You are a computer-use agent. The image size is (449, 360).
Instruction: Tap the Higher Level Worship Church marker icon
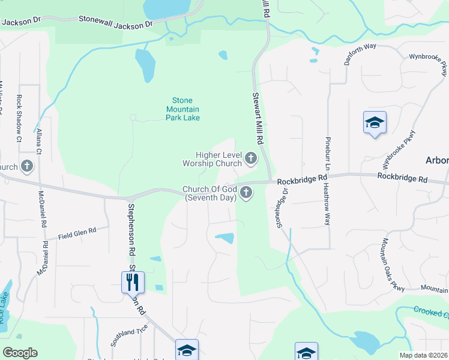click(x=251, y=159)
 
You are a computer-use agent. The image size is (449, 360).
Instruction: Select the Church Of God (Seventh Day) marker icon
click(x=246, y=193)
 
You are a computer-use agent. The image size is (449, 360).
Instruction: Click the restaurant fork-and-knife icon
click(x=133, y=281)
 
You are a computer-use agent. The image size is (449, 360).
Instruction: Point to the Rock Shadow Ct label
click(x=20, y=119)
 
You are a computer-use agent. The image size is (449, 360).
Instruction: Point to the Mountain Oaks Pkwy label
click(x=391, y=265)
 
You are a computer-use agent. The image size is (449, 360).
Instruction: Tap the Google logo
click(x=20, y=353)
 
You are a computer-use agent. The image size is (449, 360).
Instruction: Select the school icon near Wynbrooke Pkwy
click(x=375, y=122)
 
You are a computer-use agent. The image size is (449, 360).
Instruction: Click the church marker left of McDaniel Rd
click(x=26, y=166)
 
